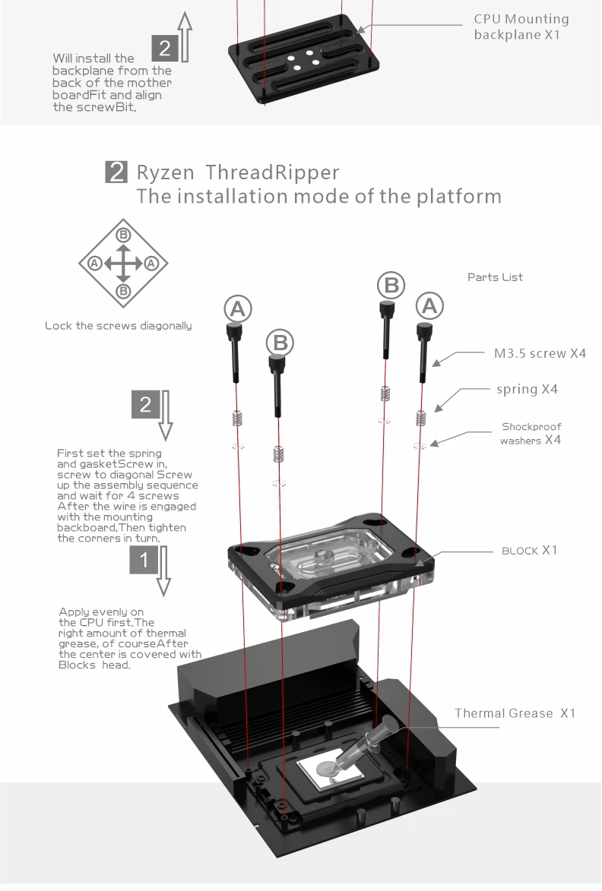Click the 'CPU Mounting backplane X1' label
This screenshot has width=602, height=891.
[x=521, y=27]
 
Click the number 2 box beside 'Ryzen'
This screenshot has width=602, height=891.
[x=116, y=172]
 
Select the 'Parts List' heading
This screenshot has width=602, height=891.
[x=495, y=277]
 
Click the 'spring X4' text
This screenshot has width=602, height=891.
[x=527, y=389]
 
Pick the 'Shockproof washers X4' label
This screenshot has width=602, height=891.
[x=531, y=433]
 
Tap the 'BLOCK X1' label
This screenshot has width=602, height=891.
[x=529, y=550]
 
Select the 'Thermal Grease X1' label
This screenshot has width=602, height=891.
[x=515, y=713]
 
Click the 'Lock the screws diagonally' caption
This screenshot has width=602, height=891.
[x=118, y=326]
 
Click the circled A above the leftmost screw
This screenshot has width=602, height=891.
[x=238, y=308]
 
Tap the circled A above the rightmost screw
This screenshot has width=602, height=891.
[x=429, y=305]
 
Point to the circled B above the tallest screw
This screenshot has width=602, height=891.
[x=391, y=286]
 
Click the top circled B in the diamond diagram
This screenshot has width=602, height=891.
[x=123, y=235]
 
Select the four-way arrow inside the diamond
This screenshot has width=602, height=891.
[x=123, y=263]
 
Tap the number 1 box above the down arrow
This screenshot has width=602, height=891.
[x=146, y=560]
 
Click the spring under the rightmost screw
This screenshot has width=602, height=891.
[x=420, y=418]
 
